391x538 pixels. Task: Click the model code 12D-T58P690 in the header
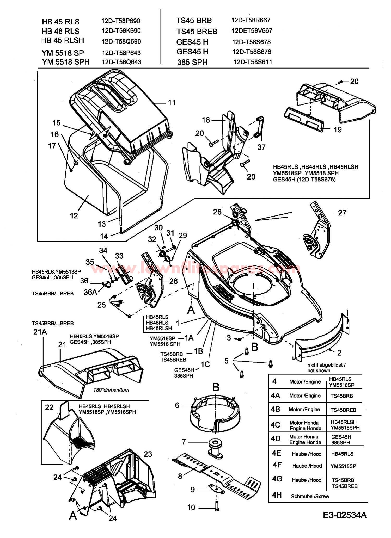[x=121, y=21]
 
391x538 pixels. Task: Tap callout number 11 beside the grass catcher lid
[x=171, y=102]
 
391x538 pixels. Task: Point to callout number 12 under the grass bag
[x=74, y=216]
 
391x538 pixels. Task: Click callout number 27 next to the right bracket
[x=342, y=213]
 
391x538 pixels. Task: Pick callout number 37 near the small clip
[x=261, y=147]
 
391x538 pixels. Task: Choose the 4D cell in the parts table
[x=275, y=438]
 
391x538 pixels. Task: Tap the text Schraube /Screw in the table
[x=310, y=497]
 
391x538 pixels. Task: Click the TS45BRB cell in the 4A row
[x=341, y=396]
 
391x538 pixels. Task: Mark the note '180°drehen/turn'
[x=111, y=390]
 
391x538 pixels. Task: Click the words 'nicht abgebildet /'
[x=326, y=365]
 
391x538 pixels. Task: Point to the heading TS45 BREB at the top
[x=197, y=32]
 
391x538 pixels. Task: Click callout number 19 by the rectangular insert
[x=338, y=129]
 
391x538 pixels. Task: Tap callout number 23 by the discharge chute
[x=148, y=454]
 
